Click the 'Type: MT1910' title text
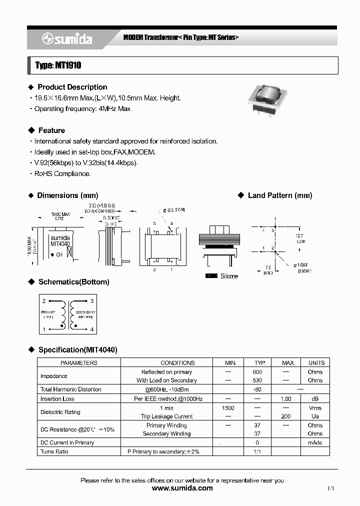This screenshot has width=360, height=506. pyautogui.click(x=58, y=65)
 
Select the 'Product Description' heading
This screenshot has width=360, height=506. pyautogui.click(x=72, y=87)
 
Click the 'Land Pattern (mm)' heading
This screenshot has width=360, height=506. pyautogui.click(x=279, y=195)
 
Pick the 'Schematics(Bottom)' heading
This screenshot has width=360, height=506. pyautogui.click(x=73, y=282)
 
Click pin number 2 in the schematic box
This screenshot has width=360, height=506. pyautogui.click(x=44, y=301)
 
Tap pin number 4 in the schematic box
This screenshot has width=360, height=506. pyautogui.click(x=92, y=329)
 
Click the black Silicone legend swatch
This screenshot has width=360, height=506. pyautogui.click(x=211, y=276)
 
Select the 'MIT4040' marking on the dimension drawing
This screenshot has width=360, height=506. pyautogui.click(x=60, y=244)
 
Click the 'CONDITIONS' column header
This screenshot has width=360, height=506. pyautogui.click(x=177, y=363)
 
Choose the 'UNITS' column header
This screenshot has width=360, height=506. pyautogui.click(x=316, y=363)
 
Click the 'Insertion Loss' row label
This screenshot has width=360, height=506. pyautogui.click(x=57, y=399)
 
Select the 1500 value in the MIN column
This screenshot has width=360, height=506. pyautogui.click(x=227, y=408)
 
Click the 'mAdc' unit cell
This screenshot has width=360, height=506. pyautogui.click(x=315, y=443)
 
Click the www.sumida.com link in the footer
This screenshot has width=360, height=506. pyautogui.click(x=182, y=488)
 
